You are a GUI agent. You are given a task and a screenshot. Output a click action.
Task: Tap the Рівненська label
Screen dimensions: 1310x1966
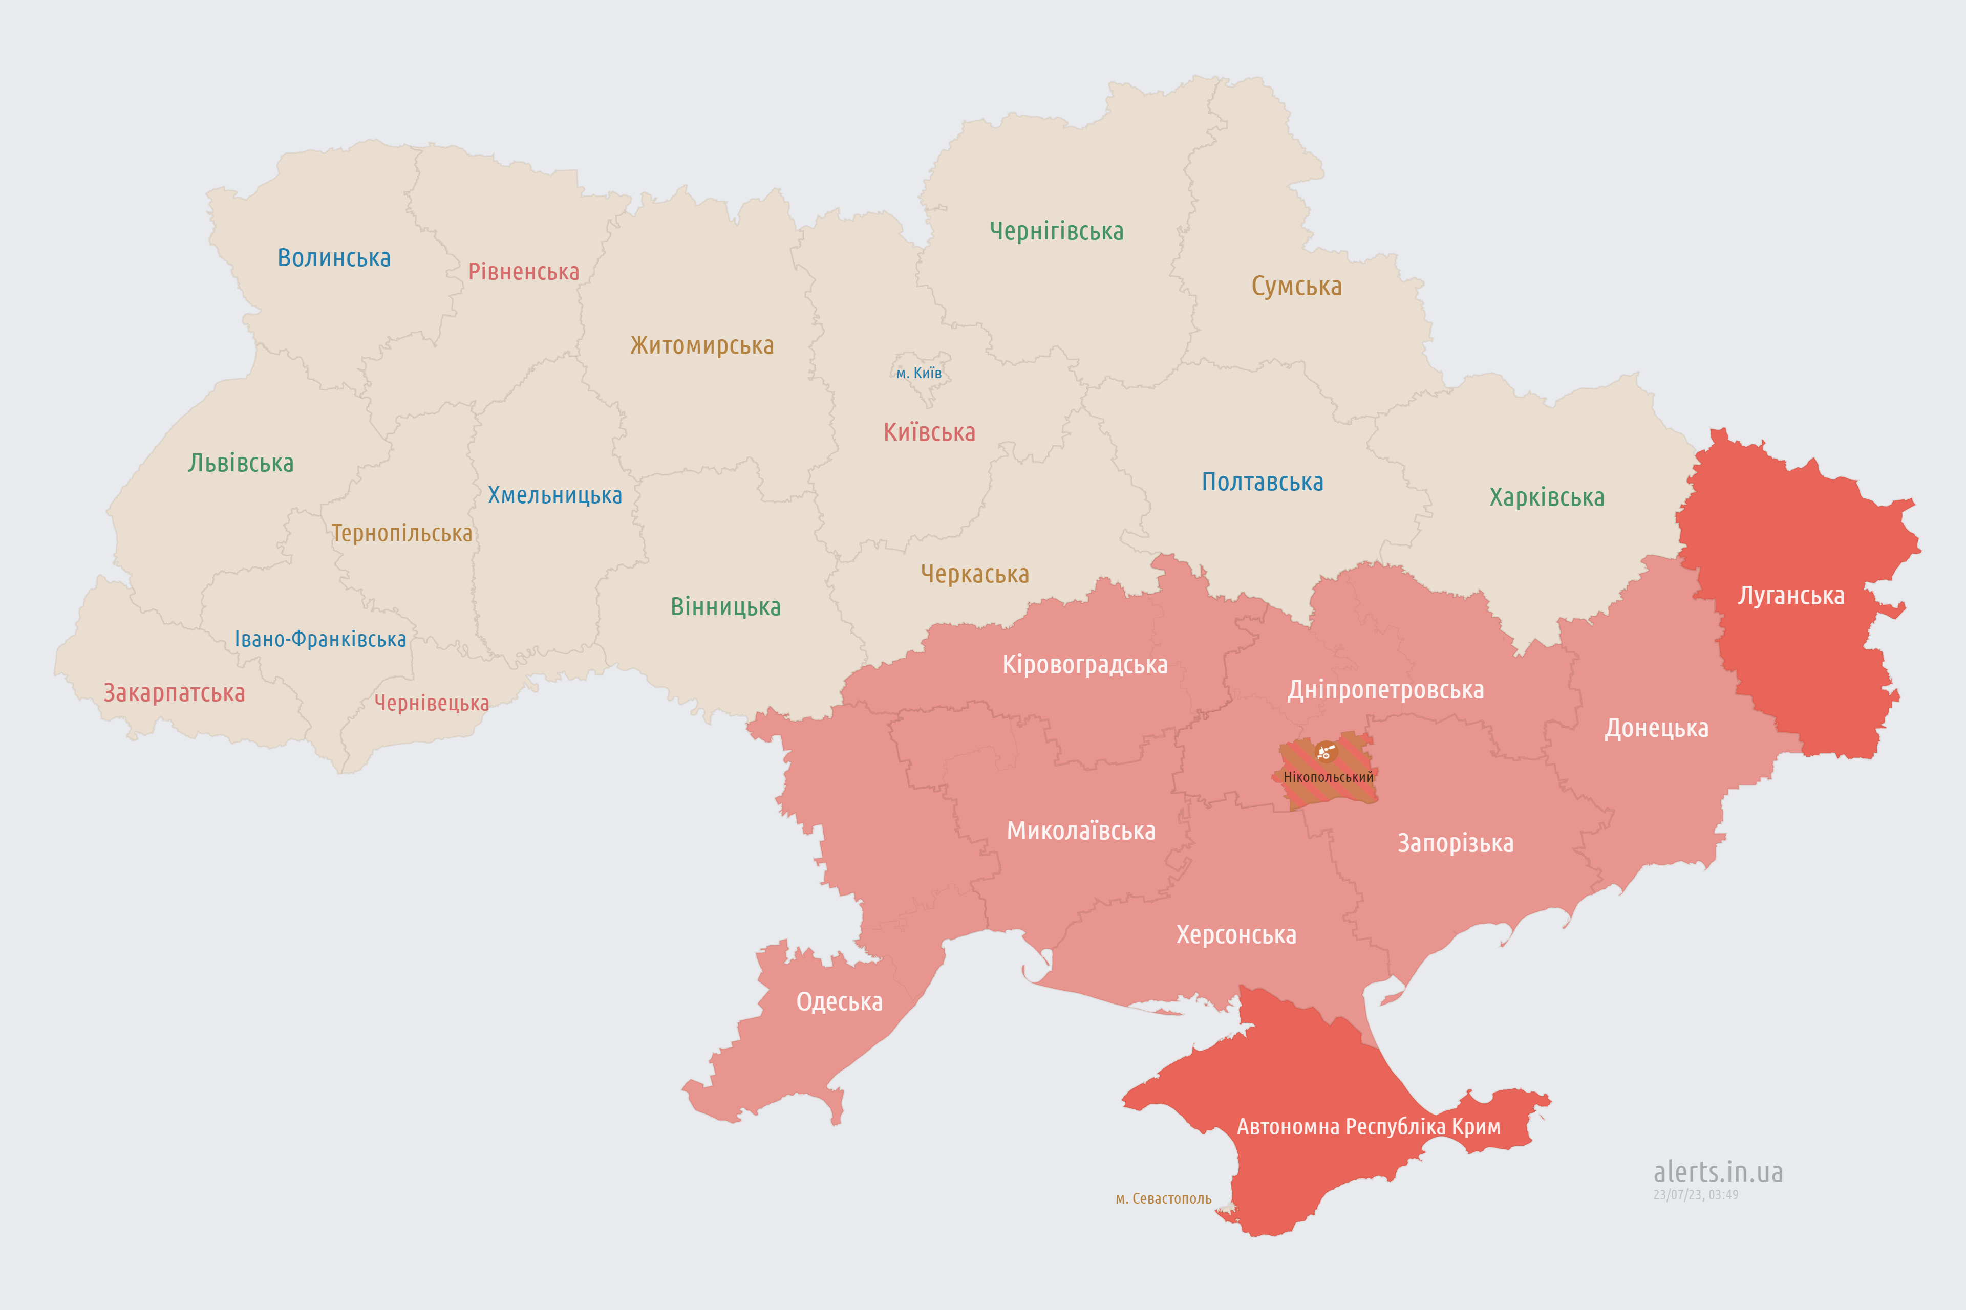point(523,272)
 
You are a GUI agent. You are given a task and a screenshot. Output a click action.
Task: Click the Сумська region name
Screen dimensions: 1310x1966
point(1296,287)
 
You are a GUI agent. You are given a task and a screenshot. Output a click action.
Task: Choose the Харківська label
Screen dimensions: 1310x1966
point(1546,498)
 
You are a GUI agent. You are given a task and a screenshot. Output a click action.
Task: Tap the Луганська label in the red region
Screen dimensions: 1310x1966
point(1790,596)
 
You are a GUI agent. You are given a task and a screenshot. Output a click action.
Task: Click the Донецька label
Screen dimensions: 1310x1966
point(1656,729)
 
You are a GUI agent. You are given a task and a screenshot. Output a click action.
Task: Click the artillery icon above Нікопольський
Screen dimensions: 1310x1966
point(1326,752)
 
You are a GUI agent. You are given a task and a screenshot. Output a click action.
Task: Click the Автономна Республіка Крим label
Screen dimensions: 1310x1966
point(1369,1127)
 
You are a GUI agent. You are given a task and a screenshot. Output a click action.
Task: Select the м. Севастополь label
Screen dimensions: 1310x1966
point(1163,1199)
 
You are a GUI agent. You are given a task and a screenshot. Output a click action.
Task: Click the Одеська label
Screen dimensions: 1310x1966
point(839,1002)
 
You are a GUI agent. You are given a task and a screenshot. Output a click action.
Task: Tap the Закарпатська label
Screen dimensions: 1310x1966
point(174,693)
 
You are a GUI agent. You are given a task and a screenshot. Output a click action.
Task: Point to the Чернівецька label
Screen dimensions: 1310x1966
point(431,704)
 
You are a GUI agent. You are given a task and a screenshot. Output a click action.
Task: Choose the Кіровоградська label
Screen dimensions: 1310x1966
point(1084,665)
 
